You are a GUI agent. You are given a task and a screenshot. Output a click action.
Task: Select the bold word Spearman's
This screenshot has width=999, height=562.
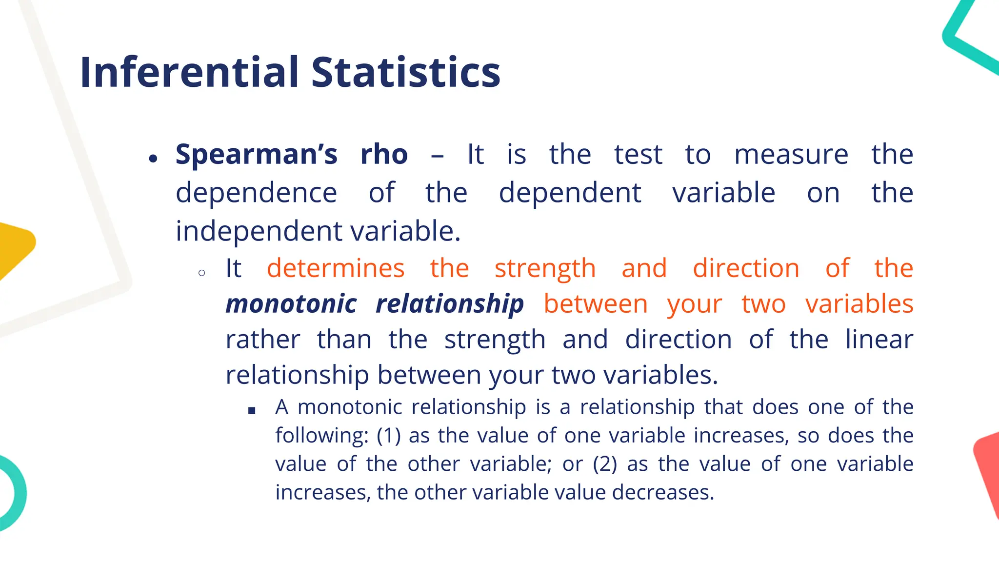(x=257, y=155)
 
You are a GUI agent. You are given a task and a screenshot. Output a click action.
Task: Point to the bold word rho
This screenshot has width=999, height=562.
(x=384, y=155)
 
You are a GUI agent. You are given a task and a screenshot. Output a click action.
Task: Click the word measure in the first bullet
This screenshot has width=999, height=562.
(x=791, y=155)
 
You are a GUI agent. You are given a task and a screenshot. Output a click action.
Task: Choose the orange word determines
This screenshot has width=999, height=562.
(x=336, y=268)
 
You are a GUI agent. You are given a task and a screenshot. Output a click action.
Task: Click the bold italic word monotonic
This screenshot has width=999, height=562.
(x=291, y=304)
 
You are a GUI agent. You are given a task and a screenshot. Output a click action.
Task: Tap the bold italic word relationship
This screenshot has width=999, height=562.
(x=450, y=304)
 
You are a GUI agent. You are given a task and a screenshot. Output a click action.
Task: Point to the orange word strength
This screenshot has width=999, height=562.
(x=545, y=268)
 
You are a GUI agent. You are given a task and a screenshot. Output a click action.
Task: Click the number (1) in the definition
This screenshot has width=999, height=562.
(x=389, y=435)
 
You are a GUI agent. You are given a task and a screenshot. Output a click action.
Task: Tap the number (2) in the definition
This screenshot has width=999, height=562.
(x=605, y=464)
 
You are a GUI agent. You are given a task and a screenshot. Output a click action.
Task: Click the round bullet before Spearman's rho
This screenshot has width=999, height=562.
(x=154, y=159)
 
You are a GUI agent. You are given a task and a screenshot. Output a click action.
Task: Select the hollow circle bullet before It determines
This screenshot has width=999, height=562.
(x=202, y=273)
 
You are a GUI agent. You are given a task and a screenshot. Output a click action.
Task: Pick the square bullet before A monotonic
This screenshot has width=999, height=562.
(x=252, y=411)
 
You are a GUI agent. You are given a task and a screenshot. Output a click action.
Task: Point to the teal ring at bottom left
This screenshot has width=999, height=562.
(x=15, y=493)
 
